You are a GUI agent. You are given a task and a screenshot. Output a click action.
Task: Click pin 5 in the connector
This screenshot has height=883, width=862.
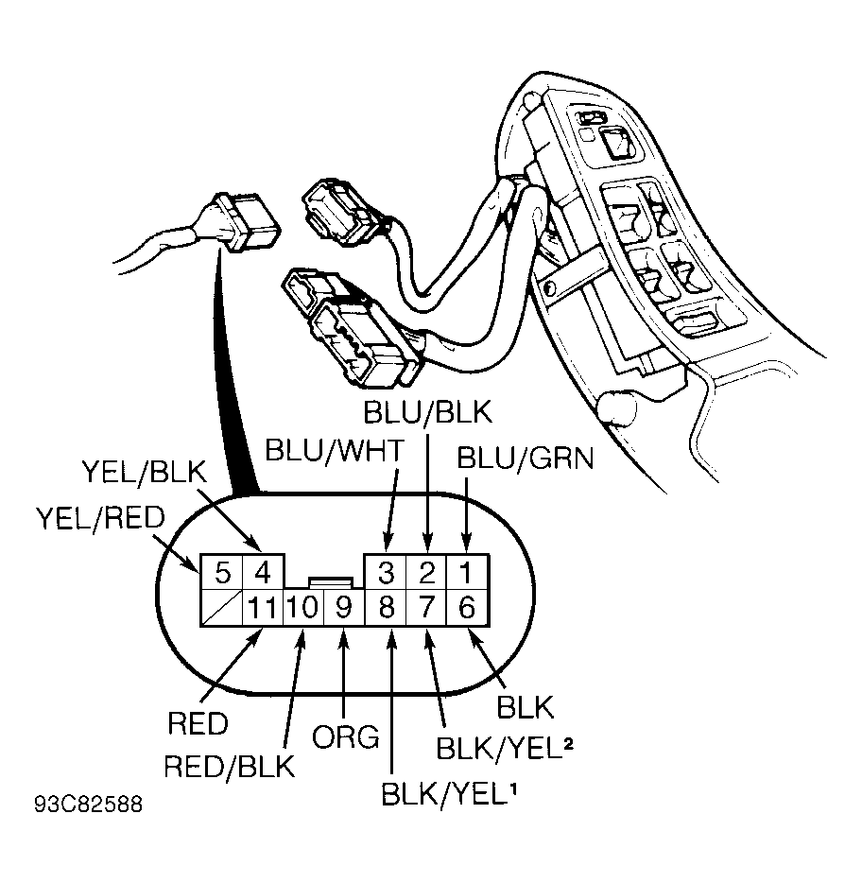pos(222,573)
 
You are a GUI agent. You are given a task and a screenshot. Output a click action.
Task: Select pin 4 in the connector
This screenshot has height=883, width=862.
pos(263,573)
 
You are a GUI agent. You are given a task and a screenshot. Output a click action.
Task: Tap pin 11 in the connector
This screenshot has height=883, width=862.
pos(263,608)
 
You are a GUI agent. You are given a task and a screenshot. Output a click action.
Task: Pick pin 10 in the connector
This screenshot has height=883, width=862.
pos(303,608)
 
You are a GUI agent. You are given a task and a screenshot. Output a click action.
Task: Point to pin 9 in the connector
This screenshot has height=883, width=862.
pos(345,608)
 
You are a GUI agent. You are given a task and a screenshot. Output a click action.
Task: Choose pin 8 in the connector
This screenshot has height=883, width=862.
pos(386,608)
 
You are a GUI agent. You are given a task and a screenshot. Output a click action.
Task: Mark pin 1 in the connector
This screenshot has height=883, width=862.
pos(467,573)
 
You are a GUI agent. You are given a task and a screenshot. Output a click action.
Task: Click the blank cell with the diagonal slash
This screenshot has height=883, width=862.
pos(222,608)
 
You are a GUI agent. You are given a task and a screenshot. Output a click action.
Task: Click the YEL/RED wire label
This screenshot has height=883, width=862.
pos(100,518)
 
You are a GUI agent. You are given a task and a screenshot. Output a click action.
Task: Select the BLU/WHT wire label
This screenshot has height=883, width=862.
pos(335,450)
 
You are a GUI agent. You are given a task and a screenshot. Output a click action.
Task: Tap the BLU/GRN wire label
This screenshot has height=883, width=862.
pos(526,459)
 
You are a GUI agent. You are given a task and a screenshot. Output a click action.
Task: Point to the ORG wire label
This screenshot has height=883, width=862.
pos(346,737)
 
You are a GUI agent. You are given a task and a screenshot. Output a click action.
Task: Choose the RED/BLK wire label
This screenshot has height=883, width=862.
pos(230,767)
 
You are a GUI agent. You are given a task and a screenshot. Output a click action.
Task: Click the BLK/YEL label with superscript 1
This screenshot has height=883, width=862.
pos(449,794)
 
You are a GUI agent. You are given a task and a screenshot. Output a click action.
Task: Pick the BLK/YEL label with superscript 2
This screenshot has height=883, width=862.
pos(505,749)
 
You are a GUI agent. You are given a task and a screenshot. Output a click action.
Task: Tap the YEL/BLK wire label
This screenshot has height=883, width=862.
pos(146,472)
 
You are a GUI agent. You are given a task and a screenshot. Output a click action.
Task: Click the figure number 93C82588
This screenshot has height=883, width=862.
pos(89,805)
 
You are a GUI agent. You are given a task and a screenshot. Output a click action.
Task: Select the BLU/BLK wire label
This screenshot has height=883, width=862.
pos(428,411)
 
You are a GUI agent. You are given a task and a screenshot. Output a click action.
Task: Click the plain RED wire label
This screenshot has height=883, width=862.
pos(198,723)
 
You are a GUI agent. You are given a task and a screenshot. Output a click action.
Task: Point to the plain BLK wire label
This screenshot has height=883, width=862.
pos(526,707)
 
